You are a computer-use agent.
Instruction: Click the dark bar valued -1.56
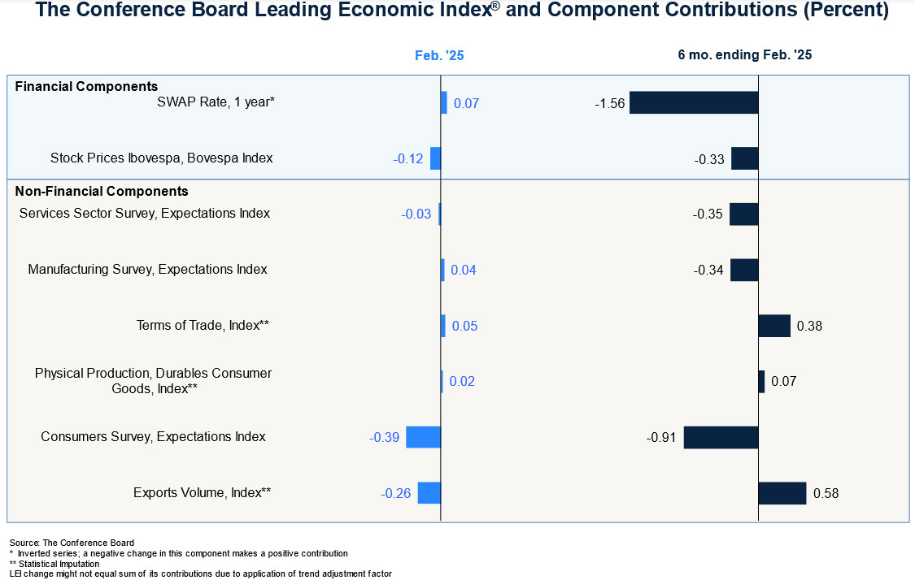pyautogui.click(x=694, y=102)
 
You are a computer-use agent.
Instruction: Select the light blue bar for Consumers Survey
pyautogui.click(x=423, y=437)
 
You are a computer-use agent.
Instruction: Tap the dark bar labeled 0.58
pyautogui.click(x=782, y=493)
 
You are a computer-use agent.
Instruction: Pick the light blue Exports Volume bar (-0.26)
pyautogui.click(x=429, y=493)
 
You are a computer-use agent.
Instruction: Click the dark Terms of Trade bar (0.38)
pyautogui.click(x=774, y=326)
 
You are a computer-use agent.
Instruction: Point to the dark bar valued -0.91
pyautogui.click(x=721, y=437)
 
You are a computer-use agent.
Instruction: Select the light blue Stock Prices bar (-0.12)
pyautogui.click(x=435, y=158)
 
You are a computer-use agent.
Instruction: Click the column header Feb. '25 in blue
pyautogui.click(x=439, y=56)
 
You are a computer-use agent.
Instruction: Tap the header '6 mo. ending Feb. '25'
pyautogui.click(x=744, y=55)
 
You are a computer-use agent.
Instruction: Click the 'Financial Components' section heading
pyautogui.click(x=86, y=86)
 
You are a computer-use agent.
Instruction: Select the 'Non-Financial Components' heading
pyautogui.click(x=102, y=192)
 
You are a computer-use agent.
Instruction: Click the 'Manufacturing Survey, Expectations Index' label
pyautogui.click(x=147, y=269)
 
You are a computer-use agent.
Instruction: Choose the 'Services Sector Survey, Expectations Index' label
pyautogui.click(x=144, y=214)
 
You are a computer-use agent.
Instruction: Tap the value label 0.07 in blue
pyautogui.click(x=466, y=104)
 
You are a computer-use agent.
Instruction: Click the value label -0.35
pyautogui.click(x=708, y=214)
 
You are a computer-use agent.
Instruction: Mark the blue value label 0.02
pyautogui.click(x=462, y=382)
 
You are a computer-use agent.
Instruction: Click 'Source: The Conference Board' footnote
pyautogui.click(x=72, y=543)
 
